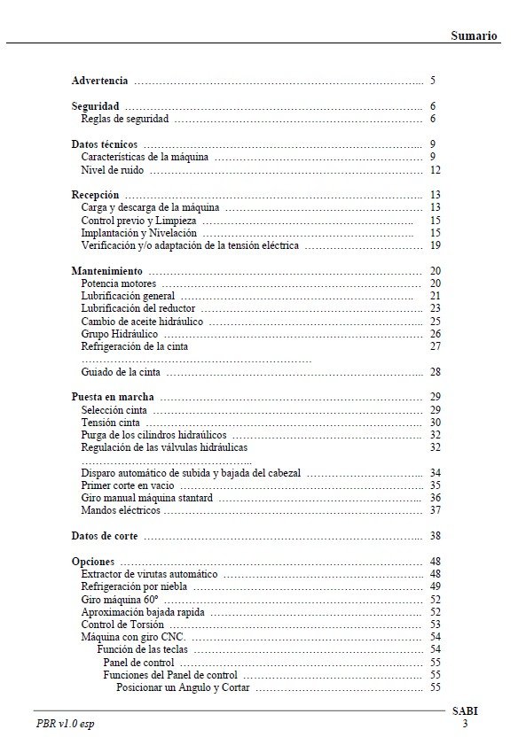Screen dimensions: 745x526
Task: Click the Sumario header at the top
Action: click(474, 35)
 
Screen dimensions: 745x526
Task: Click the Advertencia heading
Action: click(99, 81)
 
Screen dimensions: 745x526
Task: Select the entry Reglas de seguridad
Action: click(125, 119)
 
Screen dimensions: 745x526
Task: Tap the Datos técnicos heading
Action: click(104, 144)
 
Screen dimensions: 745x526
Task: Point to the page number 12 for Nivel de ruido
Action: click(435, 169)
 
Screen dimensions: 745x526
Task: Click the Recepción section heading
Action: click(95, 194)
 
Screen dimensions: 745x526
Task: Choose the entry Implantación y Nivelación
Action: click(139, 232)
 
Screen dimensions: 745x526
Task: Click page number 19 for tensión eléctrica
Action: click(435, 245)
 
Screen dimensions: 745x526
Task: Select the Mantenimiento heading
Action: click(106, 270)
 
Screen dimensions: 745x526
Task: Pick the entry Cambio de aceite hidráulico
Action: click(142, 321)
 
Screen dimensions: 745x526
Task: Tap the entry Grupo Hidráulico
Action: click(120, 334)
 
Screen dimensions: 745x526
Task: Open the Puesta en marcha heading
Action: click(113, 397)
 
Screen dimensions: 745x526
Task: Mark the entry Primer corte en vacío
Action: click(128, 485)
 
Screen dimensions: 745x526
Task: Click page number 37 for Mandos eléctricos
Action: click(435, 511)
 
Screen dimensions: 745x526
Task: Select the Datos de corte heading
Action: click(104, 536)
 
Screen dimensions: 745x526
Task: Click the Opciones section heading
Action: click(92, 562)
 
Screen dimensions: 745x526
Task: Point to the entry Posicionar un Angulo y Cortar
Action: click(183, 687)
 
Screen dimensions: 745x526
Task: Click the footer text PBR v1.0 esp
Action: click(65, 724)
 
